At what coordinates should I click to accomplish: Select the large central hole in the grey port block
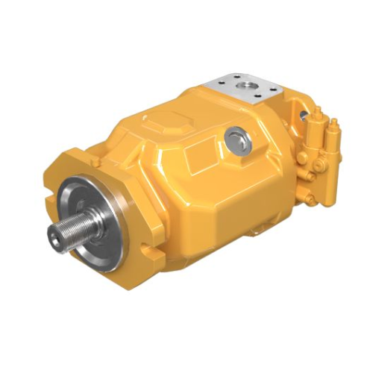[x=245, y=89]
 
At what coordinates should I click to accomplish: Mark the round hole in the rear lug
[x=304, y=116]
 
